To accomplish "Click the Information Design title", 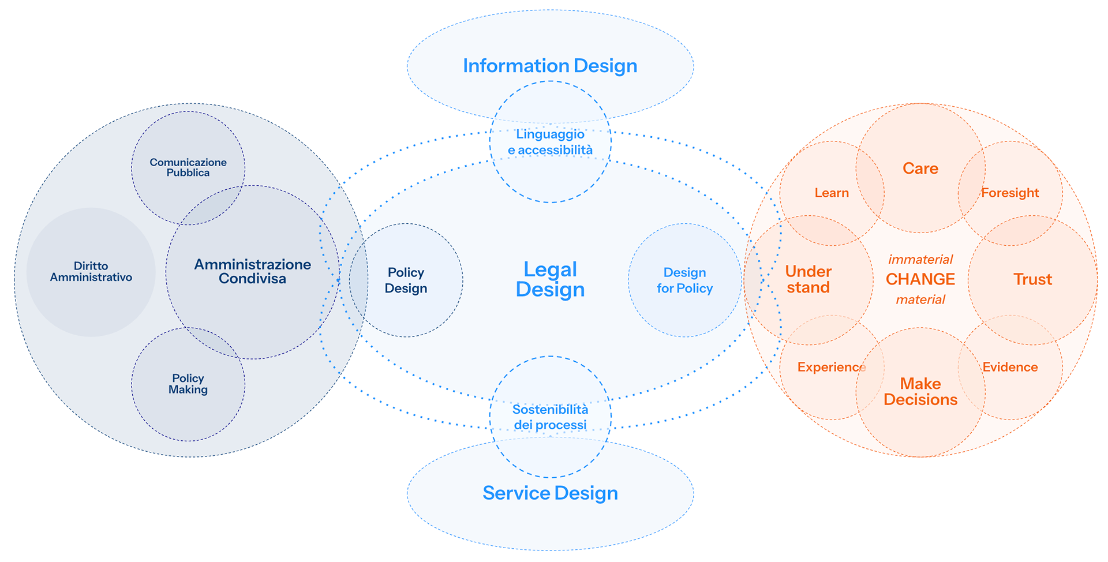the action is [x=550, y=66].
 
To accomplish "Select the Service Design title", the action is [x=550, y=493].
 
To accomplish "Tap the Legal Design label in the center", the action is [x=550, y=279].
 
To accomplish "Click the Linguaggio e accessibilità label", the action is [x=550, y=142].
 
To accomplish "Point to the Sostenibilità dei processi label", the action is [x=550, y=417].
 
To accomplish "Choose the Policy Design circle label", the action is [x=406, y=280].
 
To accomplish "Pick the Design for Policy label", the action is [x=684, y=280].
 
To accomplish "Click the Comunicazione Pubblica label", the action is [x=188, y=167].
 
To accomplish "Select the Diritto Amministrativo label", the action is [x=91, y=272].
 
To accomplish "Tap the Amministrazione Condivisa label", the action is [x=252, y=271].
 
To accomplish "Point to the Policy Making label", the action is [x=188, y=384].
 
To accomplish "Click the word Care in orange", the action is [x=920, y=168].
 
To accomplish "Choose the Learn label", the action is [x=832, y=193].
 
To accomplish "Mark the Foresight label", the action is [x=1010, y=193].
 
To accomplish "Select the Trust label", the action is [x=1033, y=279].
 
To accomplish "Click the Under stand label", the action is [x=808, y=279].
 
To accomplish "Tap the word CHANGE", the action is [x=920, y=279].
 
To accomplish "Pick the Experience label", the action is [x=832, y=367].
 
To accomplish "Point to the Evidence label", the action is [x=1010, y=367].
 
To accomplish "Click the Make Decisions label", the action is [x=920, y=392].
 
